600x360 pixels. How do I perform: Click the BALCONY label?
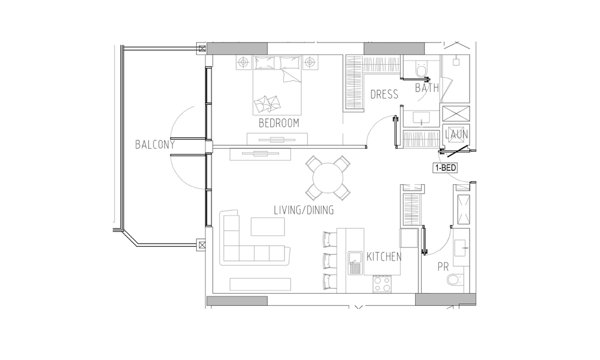(155, 144)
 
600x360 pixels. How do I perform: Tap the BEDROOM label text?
(279, 123)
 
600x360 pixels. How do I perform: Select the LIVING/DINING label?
(304, 210)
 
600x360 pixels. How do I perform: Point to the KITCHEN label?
(384, 257)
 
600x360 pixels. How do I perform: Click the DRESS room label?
(384, 94)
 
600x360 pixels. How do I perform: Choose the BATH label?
(427, 88)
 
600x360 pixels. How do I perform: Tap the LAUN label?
(457, 134)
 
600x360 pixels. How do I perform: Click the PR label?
(443, 267)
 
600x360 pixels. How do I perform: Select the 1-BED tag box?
(445, 167)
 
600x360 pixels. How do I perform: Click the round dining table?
(328, 178)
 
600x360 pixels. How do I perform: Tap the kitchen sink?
(355, 263)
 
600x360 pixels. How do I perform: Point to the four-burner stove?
(382, 284)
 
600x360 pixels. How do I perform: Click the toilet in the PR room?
(455, 280)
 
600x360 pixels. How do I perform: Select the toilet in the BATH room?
(421, 70)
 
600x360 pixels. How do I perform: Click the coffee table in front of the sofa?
(268, 226)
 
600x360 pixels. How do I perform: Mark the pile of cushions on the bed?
(267, 103)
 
